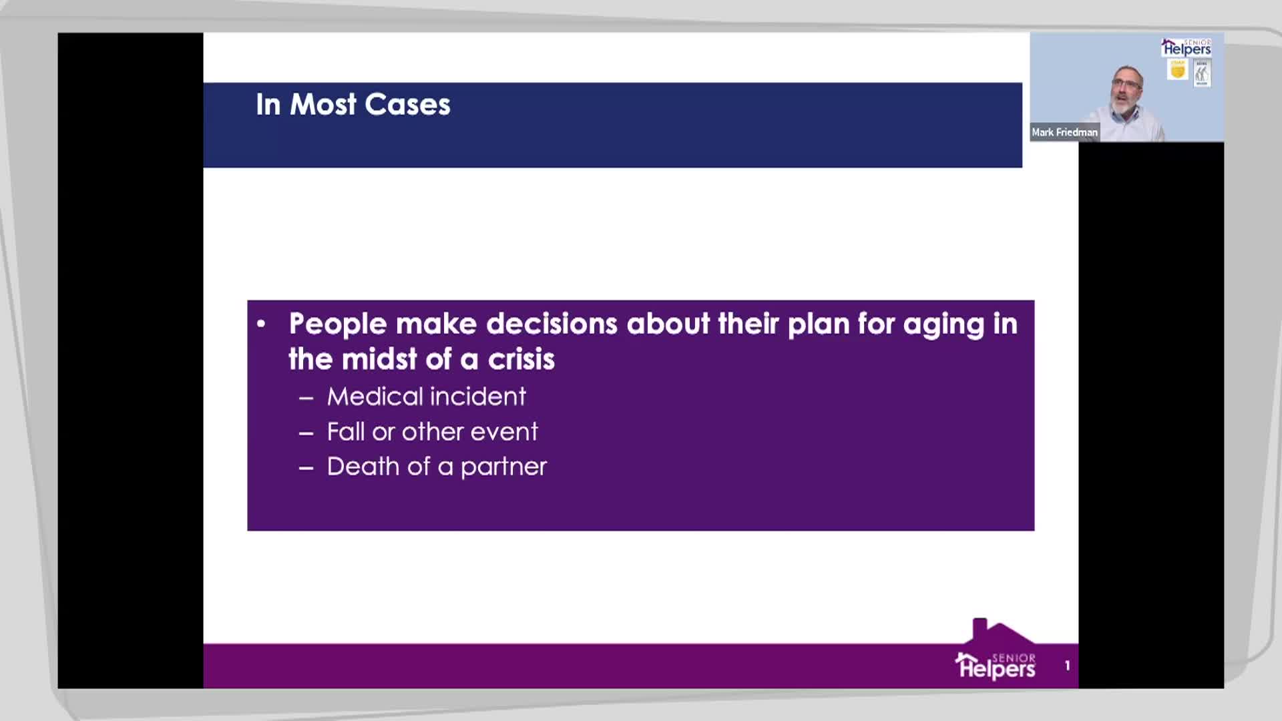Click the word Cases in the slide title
(x=407, y=105)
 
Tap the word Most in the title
(x=323, y=105)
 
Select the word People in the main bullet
(x=338, y=324)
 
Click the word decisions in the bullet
(x=552, y=324)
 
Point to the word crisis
(x=521, y=360)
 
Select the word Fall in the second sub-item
(x=345, y=432)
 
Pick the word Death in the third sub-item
(x=363, y=467)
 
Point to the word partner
(x=503, y=467)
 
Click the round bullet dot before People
(x=261, y=324)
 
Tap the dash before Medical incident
(x=306, y=399)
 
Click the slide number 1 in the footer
(x=1067, y=666)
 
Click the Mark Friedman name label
(x=1064, y=132)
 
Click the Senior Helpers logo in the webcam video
(x=1186, y=47)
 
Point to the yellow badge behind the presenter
(x=1177, y=69)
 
